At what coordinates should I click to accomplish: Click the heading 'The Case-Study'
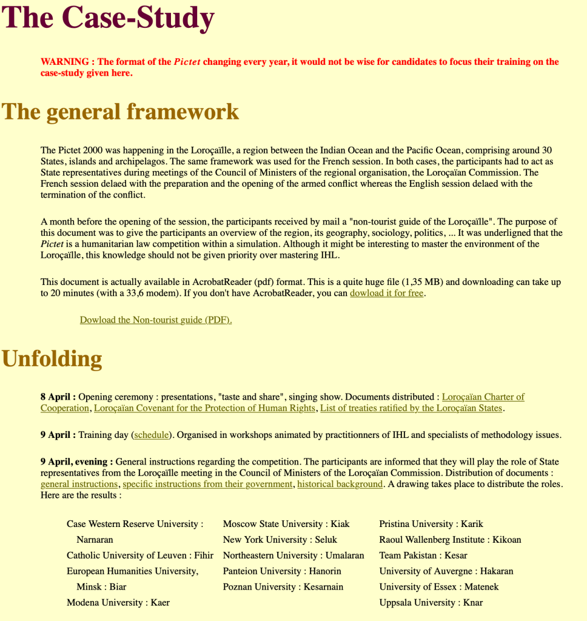(109, 18)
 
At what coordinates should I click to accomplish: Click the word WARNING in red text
(65, 62)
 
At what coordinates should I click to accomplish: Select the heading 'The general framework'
(121, 112)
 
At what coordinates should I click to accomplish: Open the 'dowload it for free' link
(386, 294)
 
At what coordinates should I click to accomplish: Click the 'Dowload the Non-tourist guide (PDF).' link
(156, 320)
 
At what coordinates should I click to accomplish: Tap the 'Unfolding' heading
(52, 359)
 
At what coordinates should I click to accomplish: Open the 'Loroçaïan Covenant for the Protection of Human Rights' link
(204, 408)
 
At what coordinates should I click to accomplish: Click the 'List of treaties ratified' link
(411, 408)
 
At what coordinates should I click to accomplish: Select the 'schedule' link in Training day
(152, 435)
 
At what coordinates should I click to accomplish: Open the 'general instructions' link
(79, 484)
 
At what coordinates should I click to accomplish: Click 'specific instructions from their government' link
(207, 484)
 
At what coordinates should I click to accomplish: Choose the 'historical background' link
(340, 484)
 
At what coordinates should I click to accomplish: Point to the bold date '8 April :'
(58, 397)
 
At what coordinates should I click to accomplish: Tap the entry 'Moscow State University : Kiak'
(286, 524)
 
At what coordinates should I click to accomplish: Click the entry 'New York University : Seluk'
(280, 540)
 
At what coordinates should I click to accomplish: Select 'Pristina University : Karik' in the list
(431, 524)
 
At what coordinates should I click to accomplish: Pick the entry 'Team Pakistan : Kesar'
(423, 556)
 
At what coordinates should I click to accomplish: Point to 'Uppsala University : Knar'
(431, 603)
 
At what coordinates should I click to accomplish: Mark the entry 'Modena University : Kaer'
(118, 603)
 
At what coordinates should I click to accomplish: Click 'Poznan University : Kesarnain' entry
(283, 587)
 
